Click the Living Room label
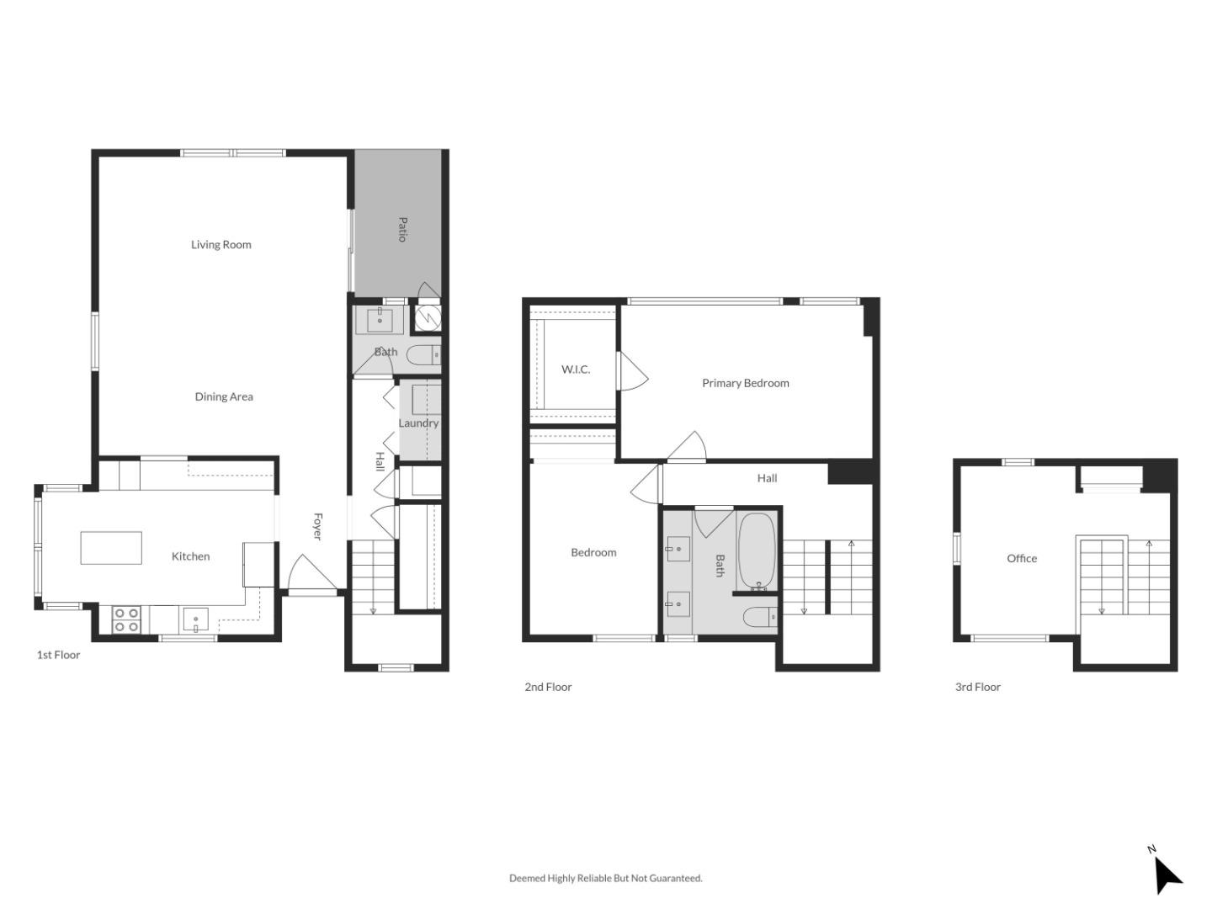pos(221,245)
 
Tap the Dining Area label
pos(224,396)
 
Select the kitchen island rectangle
pos(111,547)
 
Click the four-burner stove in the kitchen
pos(126,619)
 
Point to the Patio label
pos(402,229)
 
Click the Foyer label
pos(318,526)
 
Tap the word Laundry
pos(418,423)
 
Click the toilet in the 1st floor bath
pos(423,355)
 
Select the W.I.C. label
pos(576,369)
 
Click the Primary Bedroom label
pos(746,383)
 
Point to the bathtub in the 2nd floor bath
pos(757,551)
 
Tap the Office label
pos(1022,558)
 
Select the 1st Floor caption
pos(58,655)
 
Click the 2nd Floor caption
pos(548,687)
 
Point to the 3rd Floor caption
pos(978,687)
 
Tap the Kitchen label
pos(191,556)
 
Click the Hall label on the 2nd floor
pos(767,478)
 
